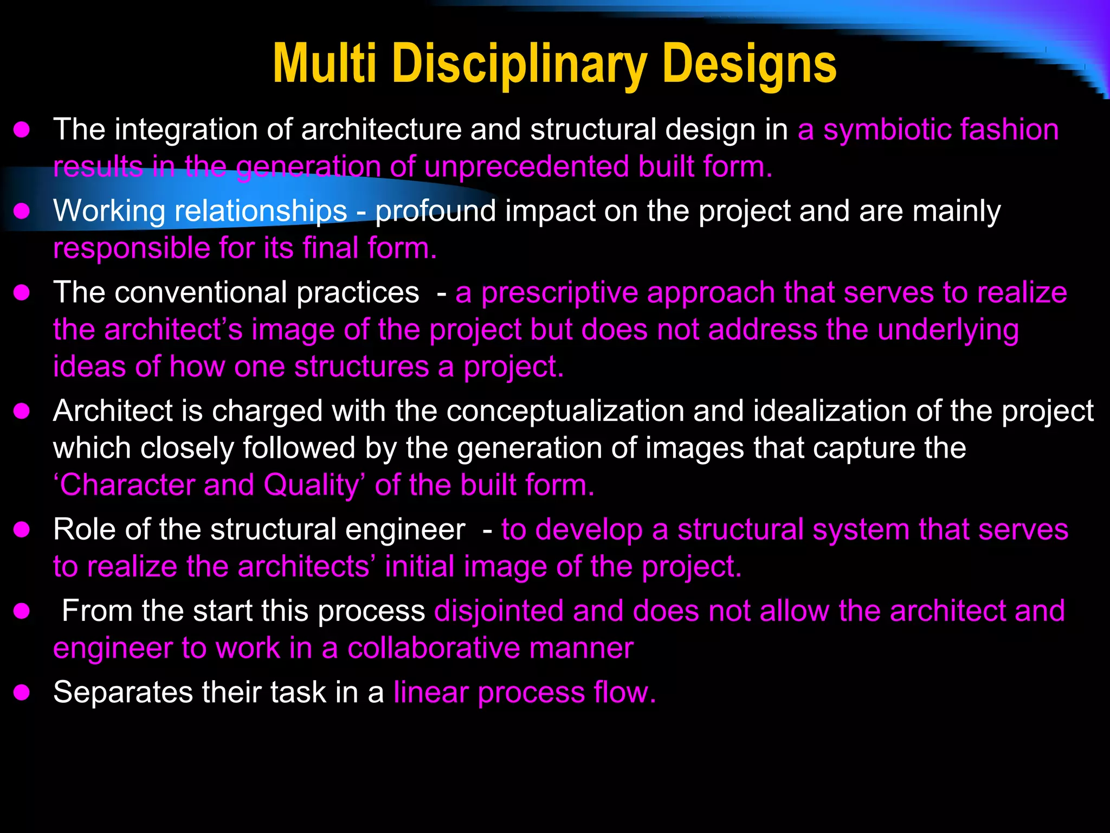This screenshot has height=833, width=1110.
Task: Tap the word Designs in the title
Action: pos(749,65)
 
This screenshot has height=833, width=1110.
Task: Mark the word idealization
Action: pos(830,411)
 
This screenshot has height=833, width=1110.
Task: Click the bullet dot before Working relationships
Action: pos(22,211)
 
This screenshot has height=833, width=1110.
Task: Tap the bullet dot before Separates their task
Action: pos(22,693)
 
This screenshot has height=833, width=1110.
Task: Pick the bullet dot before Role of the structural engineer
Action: pos(22,529)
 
